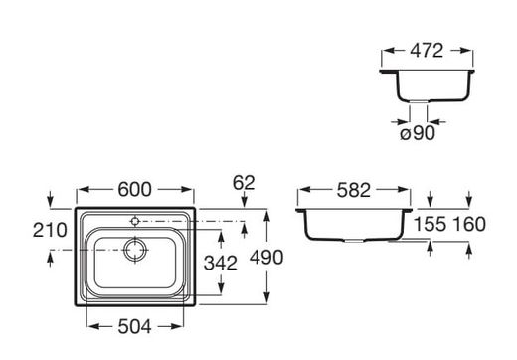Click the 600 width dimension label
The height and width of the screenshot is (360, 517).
coord(134,190)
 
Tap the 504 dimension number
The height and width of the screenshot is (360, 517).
coord(134,327)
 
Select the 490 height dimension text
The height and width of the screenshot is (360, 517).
coord(266,257)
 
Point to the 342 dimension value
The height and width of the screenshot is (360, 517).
coord(221,263)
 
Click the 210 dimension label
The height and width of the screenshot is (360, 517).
coord(50,230)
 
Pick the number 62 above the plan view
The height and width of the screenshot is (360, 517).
coord(244,183)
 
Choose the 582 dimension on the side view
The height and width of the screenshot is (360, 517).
coord(354,191)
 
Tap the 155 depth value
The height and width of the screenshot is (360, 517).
coord(431,225)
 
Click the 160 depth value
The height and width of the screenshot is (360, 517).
coord(469,225)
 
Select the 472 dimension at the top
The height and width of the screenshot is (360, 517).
coord(427,51)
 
